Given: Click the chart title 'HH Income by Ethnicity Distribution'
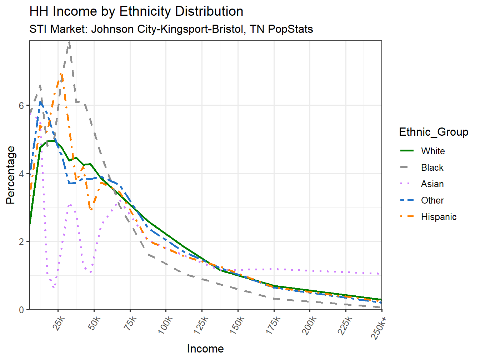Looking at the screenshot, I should [x=136, y=11].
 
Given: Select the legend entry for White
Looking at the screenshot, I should [x=432, y=151].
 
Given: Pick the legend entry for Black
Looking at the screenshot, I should [x=432, y=167].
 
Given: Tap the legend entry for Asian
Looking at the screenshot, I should [x=432, y=184].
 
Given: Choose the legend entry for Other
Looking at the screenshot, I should [x=432, y=200].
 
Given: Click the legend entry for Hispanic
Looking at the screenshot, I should [x=438, y=217].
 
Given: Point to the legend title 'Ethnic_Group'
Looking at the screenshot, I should [x=433, y=132].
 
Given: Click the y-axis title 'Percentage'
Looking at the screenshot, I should [x=11, y=175].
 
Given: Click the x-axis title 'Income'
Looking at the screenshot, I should [x=205, y=349].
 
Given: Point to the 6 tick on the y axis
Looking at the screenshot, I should [x=22, y=106].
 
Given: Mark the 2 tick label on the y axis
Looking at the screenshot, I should [x=22, y=242].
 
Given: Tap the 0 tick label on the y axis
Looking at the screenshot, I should [x=22, y=310].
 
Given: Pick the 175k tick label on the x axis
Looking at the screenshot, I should [x=273, y=325].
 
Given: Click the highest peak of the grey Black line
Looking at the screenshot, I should [x=69, y=42].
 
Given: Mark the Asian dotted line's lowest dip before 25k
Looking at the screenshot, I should [x=54, y=287].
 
